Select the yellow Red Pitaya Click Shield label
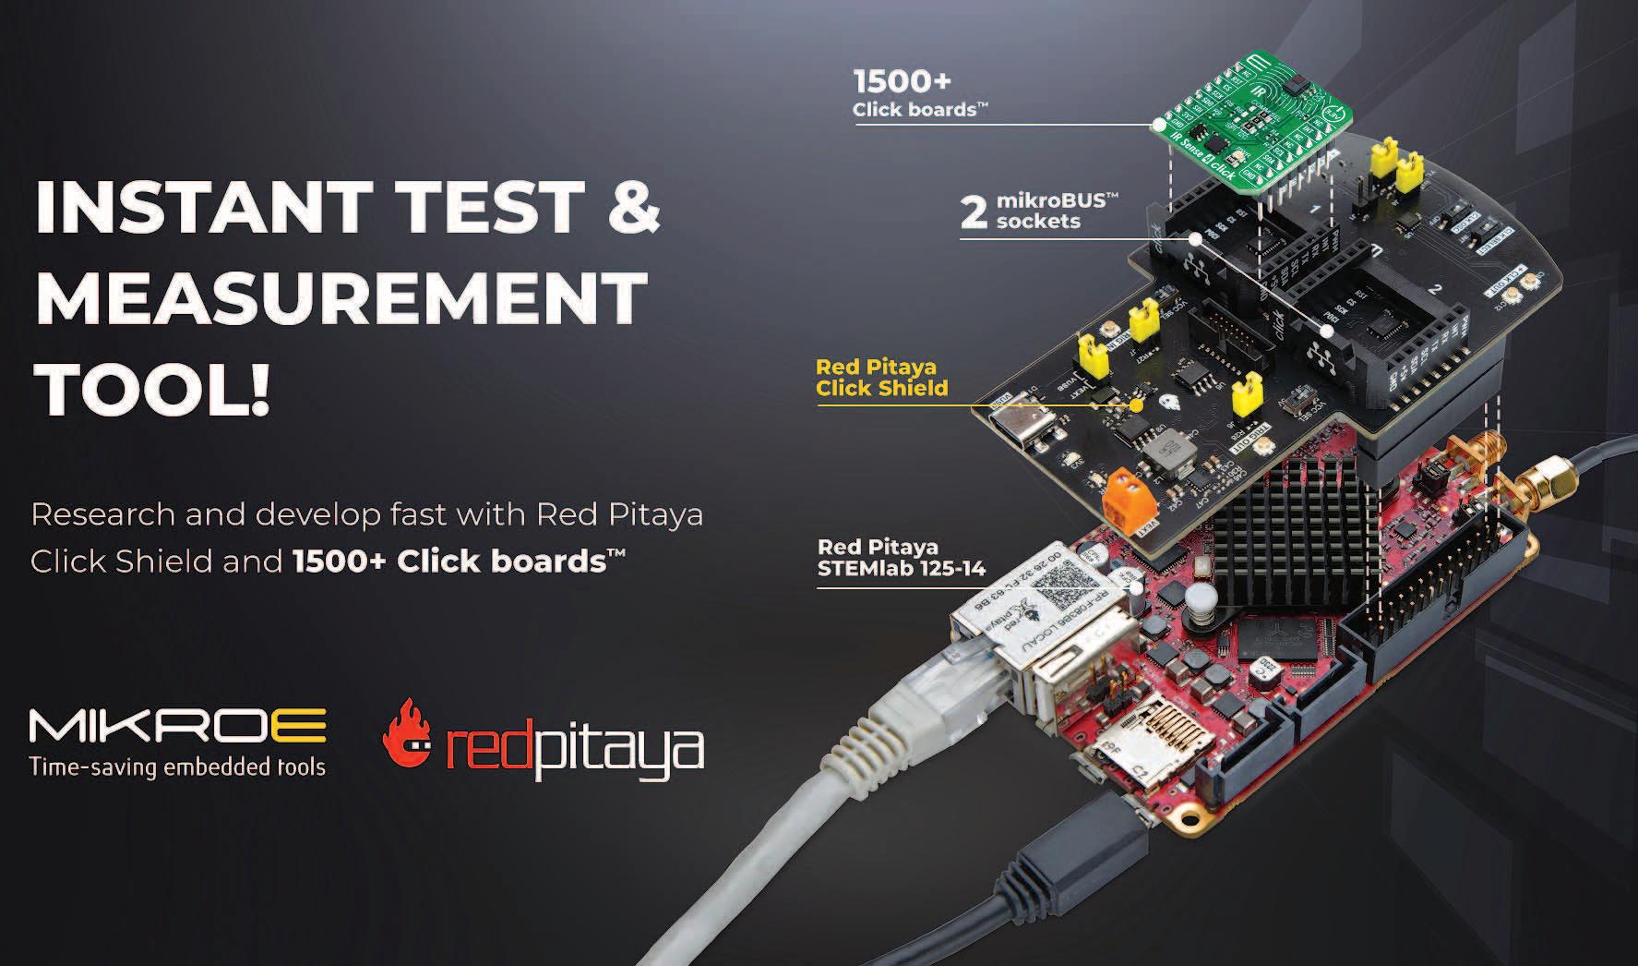click(x=881, y=378)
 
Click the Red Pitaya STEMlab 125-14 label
click(x=901, y=559)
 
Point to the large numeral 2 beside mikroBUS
click(x=973, y=212)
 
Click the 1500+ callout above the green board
click(x=902, y=81)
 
